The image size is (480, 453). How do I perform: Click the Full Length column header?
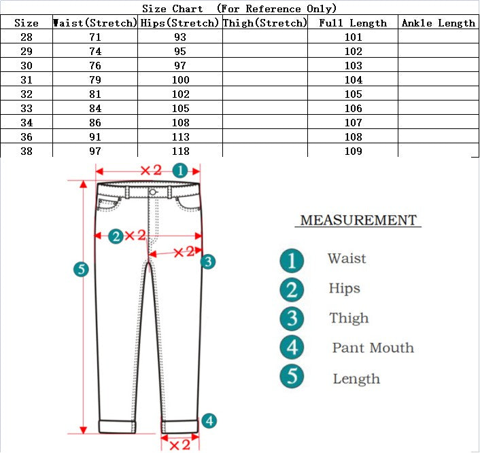pos(353,23)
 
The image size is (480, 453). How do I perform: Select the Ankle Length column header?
pos(439,23)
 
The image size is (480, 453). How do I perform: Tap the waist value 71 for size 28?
pos(95,37)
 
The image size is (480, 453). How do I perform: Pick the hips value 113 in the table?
pos(181,137)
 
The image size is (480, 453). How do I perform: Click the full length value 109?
pos(354,151)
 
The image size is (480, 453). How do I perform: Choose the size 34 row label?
pos(27,123)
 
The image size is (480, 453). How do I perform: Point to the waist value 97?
pos(95,151)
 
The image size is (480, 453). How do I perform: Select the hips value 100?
pos(181,80)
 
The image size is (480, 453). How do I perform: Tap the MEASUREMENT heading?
pos(358,220)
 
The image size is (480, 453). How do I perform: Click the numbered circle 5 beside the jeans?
pos(81,270)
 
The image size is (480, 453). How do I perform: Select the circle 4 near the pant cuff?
pos(209,421)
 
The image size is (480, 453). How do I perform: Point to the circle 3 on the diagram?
pos(208,261)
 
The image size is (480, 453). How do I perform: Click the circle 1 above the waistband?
pos(179,170)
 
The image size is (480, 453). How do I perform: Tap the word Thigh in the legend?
pos(349,318)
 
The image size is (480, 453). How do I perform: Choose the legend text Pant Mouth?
pos(373,348)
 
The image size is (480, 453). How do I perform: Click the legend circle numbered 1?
pos(292,259)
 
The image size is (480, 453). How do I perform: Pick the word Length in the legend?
pos(356,379)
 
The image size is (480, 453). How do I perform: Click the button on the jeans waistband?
pos(153,192)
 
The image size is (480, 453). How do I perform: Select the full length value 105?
pos(354,94)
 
